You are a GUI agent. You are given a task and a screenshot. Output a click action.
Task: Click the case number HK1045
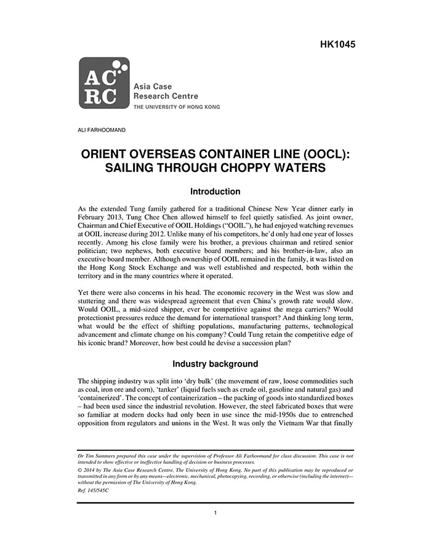click(338, 44)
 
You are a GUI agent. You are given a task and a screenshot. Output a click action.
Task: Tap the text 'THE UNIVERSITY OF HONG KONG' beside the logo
click(177, 107)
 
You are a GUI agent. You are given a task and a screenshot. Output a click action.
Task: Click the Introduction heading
click(215, 192)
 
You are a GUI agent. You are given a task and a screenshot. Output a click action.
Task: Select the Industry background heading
click(215, 364)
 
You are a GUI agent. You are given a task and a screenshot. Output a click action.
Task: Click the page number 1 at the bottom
click(215, 512)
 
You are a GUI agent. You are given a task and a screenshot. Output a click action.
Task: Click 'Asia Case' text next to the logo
click(153, 87)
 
